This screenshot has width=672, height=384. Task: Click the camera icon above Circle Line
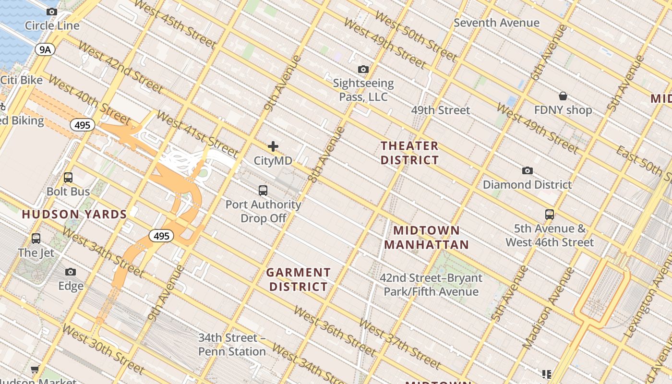click(x=52, y=12)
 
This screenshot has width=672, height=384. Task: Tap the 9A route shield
click(x=45, y=49)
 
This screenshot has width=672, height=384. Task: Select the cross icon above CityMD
click(x=273, y=146)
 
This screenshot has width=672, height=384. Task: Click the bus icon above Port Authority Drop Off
click(x=263, y=190)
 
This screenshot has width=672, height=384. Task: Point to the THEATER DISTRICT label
click(x=409, y=153)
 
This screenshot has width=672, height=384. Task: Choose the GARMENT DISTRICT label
click(x=299, y=279)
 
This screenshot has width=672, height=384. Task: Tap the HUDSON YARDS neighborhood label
click(x=74, y=215)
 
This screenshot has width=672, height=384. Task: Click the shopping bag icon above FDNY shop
click(x=563, y=96)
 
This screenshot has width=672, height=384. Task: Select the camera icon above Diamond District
click(x=527, y=170)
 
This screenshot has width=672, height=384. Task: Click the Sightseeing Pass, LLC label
click(x=363, y=90)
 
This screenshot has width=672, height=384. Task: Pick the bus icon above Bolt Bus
click(x=68, y=178)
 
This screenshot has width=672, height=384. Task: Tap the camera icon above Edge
click(x=71, y=272)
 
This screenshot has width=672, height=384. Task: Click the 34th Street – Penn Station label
click(x=232, y=345)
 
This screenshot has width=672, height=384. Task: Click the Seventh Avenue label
click(x=496, y=23)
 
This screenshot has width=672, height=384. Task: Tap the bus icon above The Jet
click(x=36, y=239)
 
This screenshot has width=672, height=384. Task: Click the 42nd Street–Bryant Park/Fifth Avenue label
click(x=431, y=285)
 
